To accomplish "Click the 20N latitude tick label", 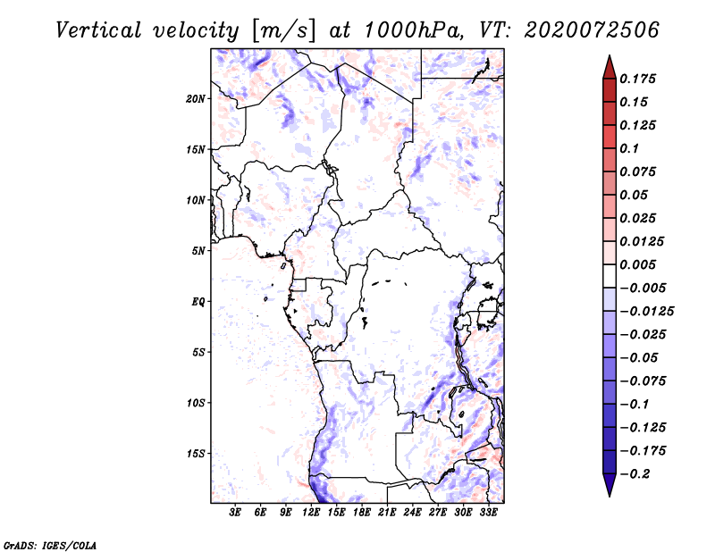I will click(x=196, y=98).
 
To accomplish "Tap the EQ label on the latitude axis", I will click(x=198, y=301).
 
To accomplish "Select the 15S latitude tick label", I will click(x=196, y=454).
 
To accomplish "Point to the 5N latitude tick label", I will click(x=198, y=251).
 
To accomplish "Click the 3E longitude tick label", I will click(x=236, y=513).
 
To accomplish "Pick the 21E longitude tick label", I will click(x=387, y=513).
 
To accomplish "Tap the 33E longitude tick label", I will click(x=488, y=513).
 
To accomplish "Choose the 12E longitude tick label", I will click(x=312, y=513).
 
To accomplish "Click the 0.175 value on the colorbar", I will click(x=639, y=79).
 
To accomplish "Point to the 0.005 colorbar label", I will click(x=639, y=264).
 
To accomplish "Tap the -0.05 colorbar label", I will click(x=638, y=357).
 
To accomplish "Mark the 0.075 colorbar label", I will click(x=639, y=171).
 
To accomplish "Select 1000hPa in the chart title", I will click(x=412, y=29).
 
